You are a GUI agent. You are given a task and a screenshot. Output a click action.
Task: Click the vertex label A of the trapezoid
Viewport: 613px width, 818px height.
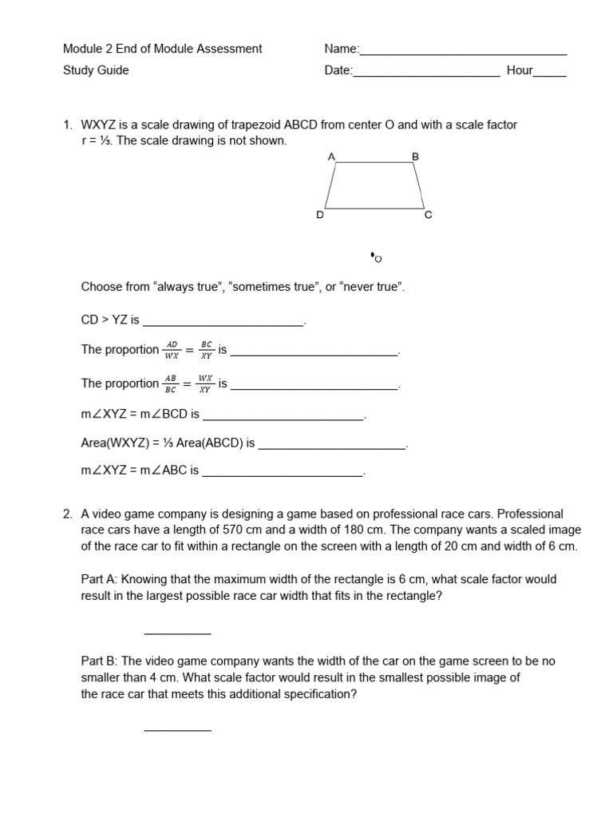[330, 157]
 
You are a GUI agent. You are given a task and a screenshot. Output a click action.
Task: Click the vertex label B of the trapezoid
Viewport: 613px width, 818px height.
[415, 157]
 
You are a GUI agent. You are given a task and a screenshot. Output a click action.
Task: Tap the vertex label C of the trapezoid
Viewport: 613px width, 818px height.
[428, 215]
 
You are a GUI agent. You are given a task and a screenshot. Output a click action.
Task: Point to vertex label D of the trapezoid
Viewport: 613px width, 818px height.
[319, 215]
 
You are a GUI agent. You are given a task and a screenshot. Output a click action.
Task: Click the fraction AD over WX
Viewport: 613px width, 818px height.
[172, 350]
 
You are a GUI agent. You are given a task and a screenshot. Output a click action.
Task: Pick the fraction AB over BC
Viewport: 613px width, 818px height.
[171, 383]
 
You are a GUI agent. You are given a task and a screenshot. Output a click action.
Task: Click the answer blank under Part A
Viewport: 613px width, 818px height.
[177, 633]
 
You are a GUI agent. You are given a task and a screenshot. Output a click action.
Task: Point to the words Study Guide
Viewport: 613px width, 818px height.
[96, 70]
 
